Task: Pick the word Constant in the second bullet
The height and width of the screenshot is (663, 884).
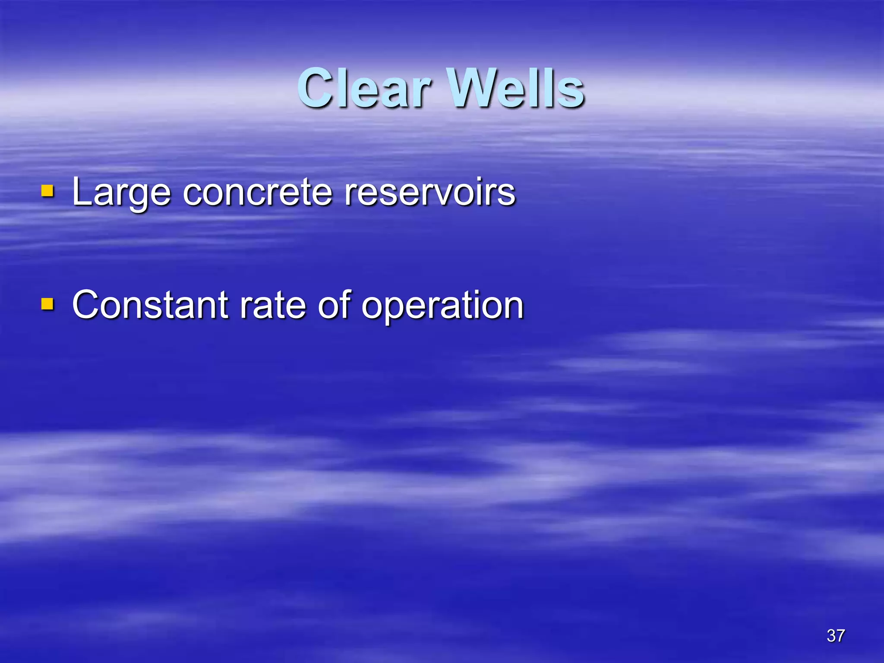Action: tap(150, 305)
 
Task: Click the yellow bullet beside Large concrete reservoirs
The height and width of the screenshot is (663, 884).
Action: tap(47, 191)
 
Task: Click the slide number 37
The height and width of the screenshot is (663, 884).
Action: tap(836, 636)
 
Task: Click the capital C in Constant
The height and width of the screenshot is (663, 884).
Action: tap(88, 305)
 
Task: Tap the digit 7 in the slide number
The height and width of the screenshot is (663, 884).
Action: tap(840, 636)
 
